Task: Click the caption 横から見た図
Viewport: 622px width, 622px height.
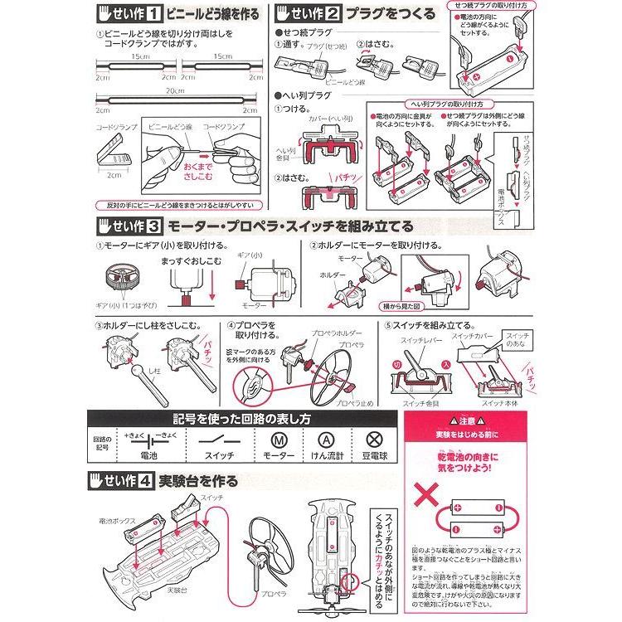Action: point(412,305)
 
